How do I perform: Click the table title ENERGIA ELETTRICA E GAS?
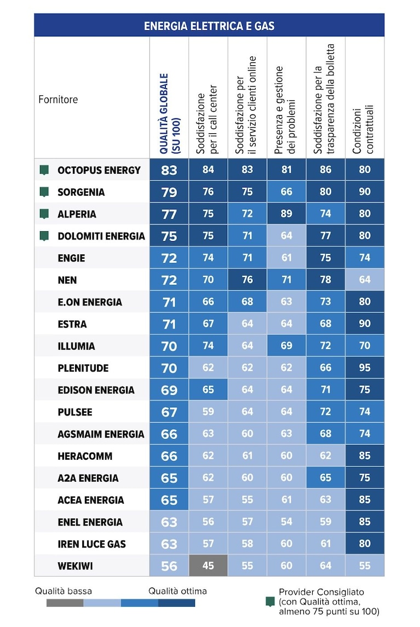(x=209, y=26)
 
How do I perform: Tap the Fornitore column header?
(x=58, y=99)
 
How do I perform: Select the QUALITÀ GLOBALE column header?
(x=169, y=113)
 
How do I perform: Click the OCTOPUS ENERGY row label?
(x=99, y=170)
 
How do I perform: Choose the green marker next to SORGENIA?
(x=44, y=192)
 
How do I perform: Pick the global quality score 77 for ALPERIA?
(x=169, y=214)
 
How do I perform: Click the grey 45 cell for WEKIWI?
(x=208, y=566)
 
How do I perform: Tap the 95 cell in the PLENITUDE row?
(x=365, y=367)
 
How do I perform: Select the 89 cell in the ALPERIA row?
(x=286, y=214)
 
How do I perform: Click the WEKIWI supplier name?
(x=75, y=566)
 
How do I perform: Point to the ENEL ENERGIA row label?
(x=90, y=522)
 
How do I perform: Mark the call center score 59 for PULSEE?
(x=208, y=412)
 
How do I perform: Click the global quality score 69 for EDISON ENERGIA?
(x=169, y=390)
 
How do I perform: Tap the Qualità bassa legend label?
(x=63, y=591)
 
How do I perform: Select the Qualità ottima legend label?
(x=177, y=591)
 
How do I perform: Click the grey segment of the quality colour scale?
(x=65, y=602)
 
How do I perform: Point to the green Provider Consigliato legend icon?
(x=270, y=601)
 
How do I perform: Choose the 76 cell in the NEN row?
(x=248, y=280)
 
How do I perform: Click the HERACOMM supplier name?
(x=85, y=456)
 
